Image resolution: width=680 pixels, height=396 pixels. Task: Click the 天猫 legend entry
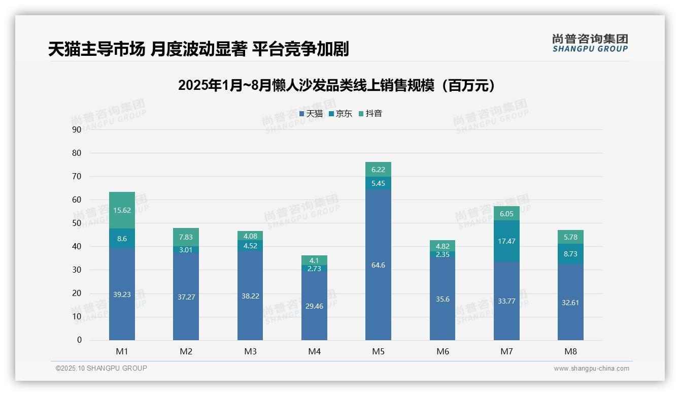point(311,114)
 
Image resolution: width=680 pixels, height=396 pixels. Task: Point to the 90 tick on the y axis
point(77,129)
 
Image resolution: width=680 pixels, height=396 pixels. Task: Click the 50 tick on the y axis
point(77,223)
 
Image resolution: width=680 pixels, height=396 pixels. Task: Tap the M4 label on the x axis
point(314,351)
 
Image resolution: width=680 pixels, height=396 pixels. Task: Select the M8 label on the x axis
point(570,351)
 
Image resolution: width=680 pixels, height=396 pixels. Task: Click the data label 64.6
point(378,265)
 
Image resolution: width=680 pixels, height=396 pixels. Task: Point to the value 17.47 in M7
point(506,241)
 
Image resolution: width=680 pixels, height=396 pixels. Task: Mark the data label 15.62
point(122,210)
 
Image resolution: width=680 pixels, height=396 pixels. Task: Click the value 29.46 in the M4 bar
point(314,306)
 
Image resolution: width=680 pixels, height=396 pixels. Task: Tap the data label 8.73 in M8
point(570,254)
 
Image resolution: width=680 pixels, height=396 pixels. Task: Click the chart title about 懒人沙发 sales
point(336,85)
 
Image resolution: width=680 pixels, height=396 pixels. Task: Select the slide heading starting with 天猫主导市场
point(198,49)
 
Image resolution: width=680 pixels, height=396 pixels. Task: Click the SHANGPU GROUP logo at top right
point(590,43)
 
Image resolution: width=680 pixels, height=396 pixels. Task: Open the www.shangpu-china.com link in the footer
point(591,369)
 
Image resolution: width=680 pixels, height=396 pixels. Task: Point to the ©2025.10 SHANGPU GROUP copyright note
point(101,368)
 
